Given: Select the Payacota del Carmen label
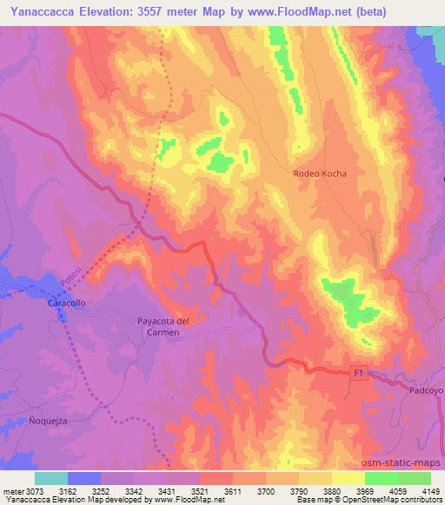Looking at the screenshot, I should tap(169, 326).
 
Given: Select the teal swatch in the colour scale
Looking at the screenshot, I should tap(50, 478).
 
